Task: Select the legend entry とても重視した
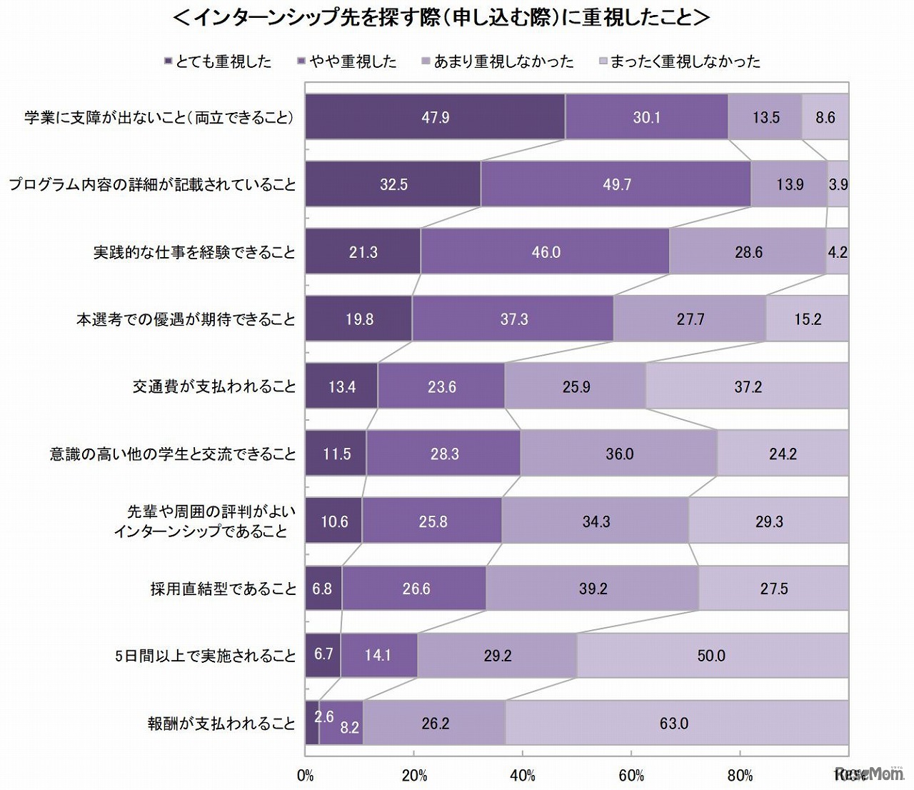click(x=218, y=62)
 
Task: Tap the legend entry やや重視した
click(x=347, y=62)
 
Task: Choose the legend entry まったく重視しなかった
click(x=680, y=62)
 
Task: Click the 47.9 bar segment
click(x=435, y=117)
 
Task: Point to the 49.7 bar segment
click(x=616, y=184)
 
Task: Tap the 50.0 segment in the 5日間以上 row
click(x=712, y=656)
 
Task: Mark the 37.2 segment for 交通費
click(x=747, y=386)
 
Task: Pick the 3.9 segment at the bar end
click(x=838, y=184)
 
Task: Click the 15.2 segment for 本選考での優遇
click(x=807, y=319)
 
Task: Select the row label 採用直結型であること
click(x=223, y=589)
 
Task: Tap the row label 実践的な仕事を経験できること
click(x=194, y=252)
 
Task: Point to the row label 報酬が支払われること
click(x=221, y=724)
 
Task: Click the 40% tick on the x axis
click(x=523, y=776)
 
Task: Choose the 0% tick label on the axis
click(x=305, y=776)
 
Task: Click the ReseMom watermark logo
click(x=870, y=774)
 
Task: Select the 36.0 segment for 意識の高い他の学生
click(x=619, y=454)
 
